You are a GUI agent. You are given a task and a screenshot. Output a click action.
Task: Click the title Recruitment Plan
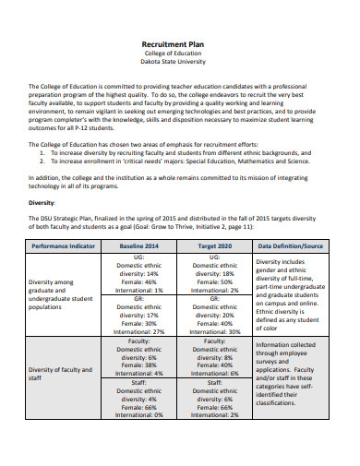tap(179, 42)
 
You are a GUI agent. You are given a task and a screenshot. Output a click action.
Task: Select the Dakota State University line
tap(179, 63)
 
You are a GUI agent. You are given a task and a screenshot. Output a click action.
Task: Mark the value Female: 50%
tap(215, 281)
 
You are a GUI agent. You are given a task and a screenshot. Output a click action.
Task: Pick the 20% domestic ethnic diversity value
tap(215, 315)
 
